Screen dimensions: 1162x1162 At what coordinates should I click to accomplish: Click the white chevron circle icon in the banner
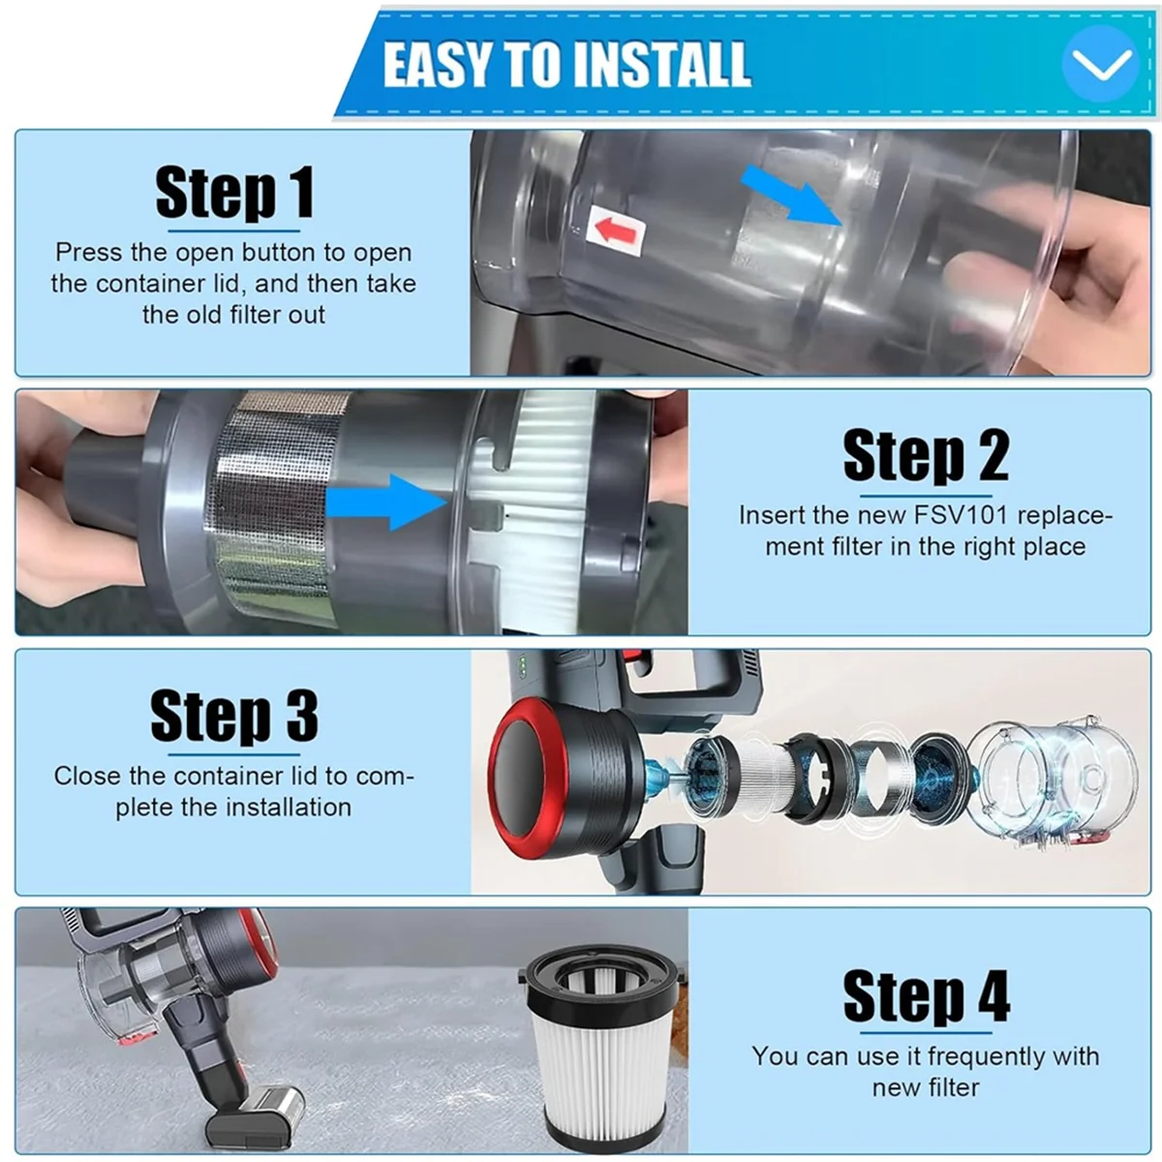coord(1100,64)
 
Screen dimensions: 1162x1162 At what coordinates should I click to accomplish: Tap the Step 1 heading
coord(234,193)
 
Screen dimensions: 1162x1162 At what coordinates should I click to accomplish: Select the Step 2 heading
coord(926,456)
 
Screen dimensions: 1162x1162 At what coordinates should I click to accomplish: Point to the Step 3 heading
coord(234,716)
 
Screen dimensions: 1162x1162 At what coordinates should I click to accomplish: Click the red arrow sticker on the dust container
coord(616,229)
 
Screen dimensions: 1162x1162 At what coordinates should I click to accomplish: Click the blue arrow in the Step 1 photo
coord(791,195)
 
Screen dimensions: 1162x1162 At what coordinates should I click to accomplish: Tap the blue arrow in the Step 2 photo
coord(386,503)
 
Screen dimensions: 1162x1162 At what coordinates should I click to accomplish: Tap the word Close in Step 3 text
coord(87,776)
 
